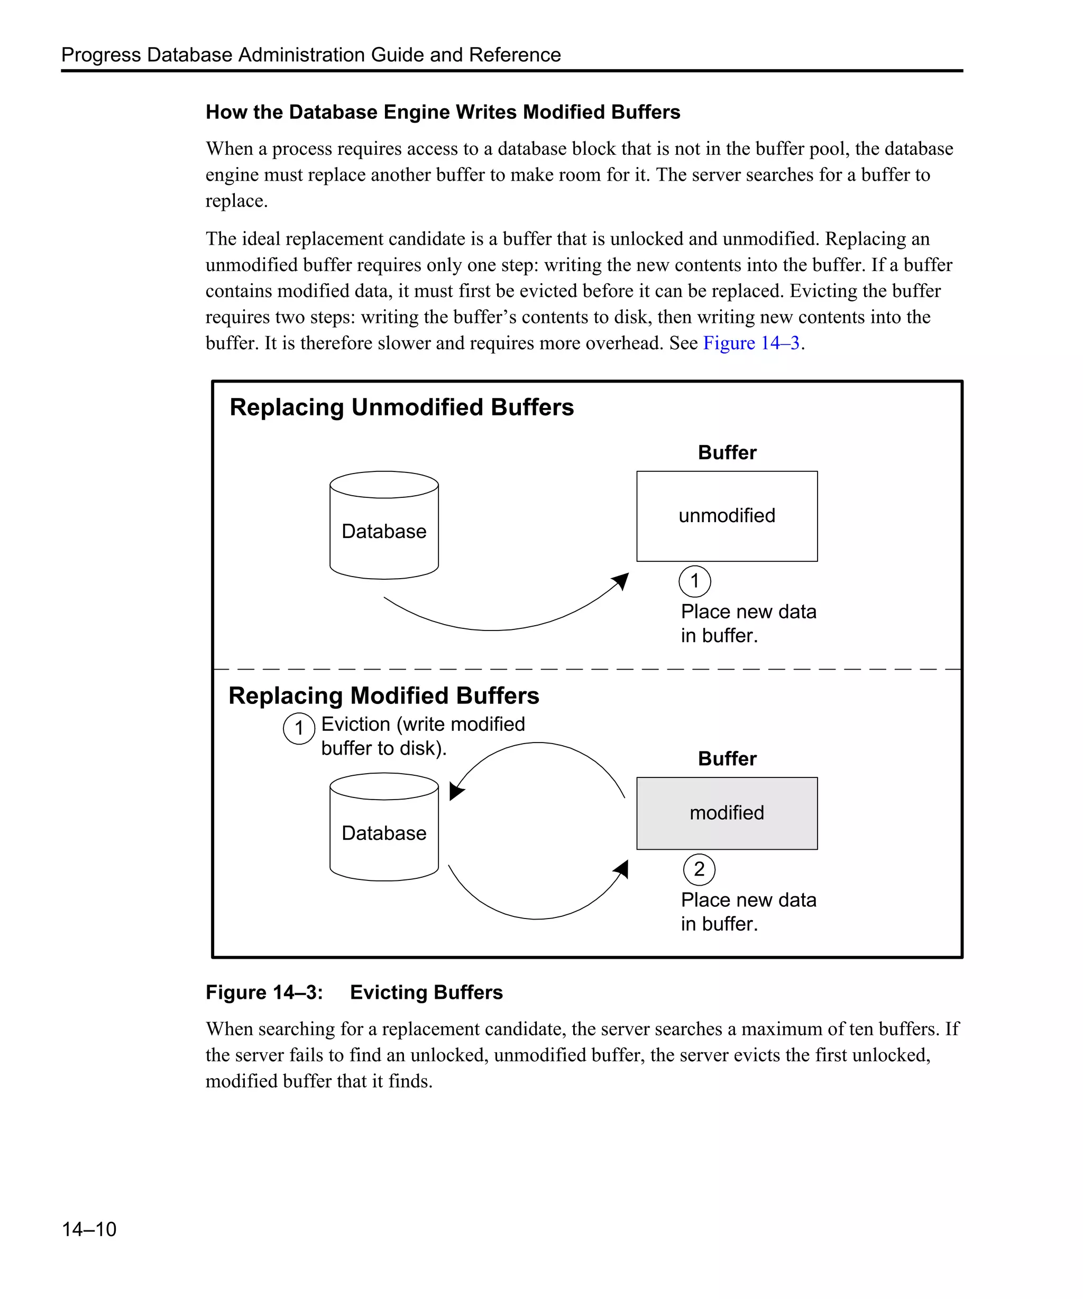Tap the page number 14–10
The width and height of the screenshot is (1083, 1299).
tap(89, 1229)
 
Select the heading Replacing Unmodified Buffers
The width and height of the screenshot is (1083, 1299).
tap(402, 407)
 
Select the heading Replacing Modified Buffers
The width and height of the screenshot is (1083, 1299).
tap(384, 696)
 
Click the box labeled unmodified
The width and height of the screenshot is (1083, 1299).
tap(727, 516)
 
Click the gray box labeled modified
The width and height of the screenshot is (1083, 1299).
tap(727, 813)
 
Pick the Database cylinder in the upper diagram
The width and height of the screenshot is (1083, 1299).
tap(384, 526)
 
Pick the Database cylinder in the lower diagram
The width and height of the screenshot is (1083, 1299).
tap(384, 827)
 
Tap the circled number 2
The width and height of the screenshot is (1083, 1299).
tap(699, 869)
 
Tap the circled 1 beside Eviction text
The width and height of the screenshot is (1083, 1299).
tap(299, 728)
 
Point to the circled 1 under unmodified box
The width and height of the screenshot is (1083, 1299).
tap(694, 581)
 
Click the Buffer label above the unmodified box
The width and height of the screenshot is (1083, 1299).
tap(727, 453)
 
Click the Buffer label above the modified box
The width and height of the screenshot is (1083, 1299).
tap(727, 759)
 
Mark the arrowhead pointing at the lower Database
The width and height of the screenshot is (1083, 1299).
tap(456, 791)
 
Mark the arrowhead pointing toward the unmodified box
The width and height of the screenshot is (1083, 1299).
tap(621, 581)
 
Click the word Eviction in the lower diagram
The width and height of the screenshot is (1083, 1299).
tap(355, 725)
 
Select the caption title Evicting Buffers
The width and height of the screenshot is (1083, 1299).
tap(426, 992)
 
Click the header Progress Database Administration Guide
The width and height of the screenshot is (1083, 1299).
tap(310, 55)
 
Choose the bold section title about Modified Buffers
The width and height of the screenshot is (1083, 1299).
tap(443, 112)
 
